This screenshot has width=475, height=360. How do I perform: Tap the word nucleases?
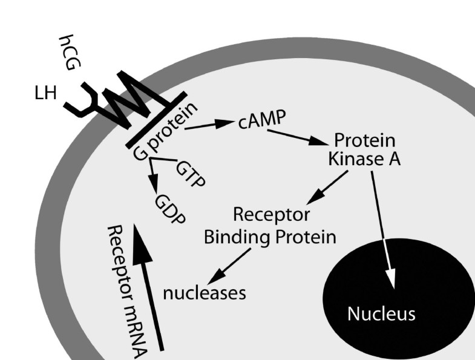point(205,293)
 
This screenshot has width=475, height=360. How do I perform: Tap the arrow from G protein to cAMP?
point(209,125)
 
